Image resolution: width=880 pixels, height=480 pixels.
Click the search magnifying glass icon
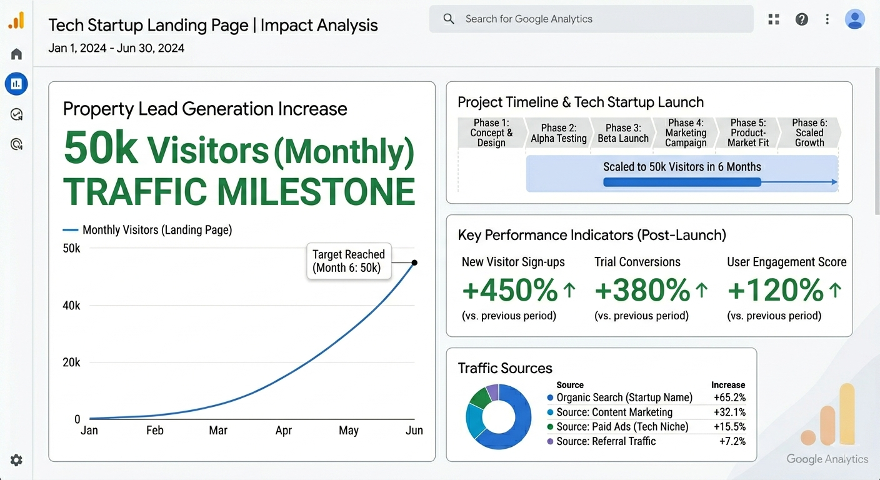[x=449, y=19]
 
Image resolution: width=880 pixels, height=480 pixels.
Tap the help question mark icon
[x=801, y=19]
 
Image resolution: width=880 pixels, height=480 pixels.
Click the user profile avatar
[x=854, y=19]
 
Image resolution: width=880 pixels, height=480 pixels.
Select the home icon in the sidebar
[x=16, y=54]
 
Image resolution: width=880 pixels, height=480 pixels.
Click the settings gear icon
[x=16, y=460]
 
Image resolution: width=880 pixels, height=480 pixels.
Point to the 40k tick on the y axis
[x=71, y=305]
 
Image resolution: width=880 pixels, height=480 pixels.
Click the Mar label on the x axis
[x=218, y=431]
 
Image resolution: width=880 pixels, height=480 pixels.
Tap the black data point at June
[x=414, y=262]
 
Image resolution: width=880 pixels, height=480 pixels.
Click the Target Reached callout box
[x=349, y=261]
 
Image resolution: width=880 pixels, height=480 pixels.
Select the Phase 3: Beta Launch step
[x=622, y=132]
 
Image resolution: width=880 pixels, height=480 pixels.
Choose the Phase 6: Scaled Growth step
[x=809, y=132]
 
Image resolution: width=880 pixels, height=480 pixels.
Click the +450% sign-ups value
[x=509, y=290]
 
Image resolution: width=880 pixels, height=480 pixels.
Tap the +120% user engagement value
[x=775, y=290]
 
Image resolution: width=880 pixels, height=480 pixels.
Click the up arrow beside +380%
[x=702, y=290]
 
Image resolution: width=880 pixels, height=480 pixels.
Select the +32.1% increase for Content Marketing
[x=729, y=412]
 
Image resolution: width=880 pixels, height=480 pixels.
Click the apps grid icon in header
[x=774, y=19]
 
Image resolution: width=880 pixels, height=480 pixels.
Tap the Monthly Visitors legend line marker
[x=71, y=230]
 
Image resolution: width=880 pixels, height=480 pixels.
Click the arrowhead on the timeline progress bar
[x=834, y=182]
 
